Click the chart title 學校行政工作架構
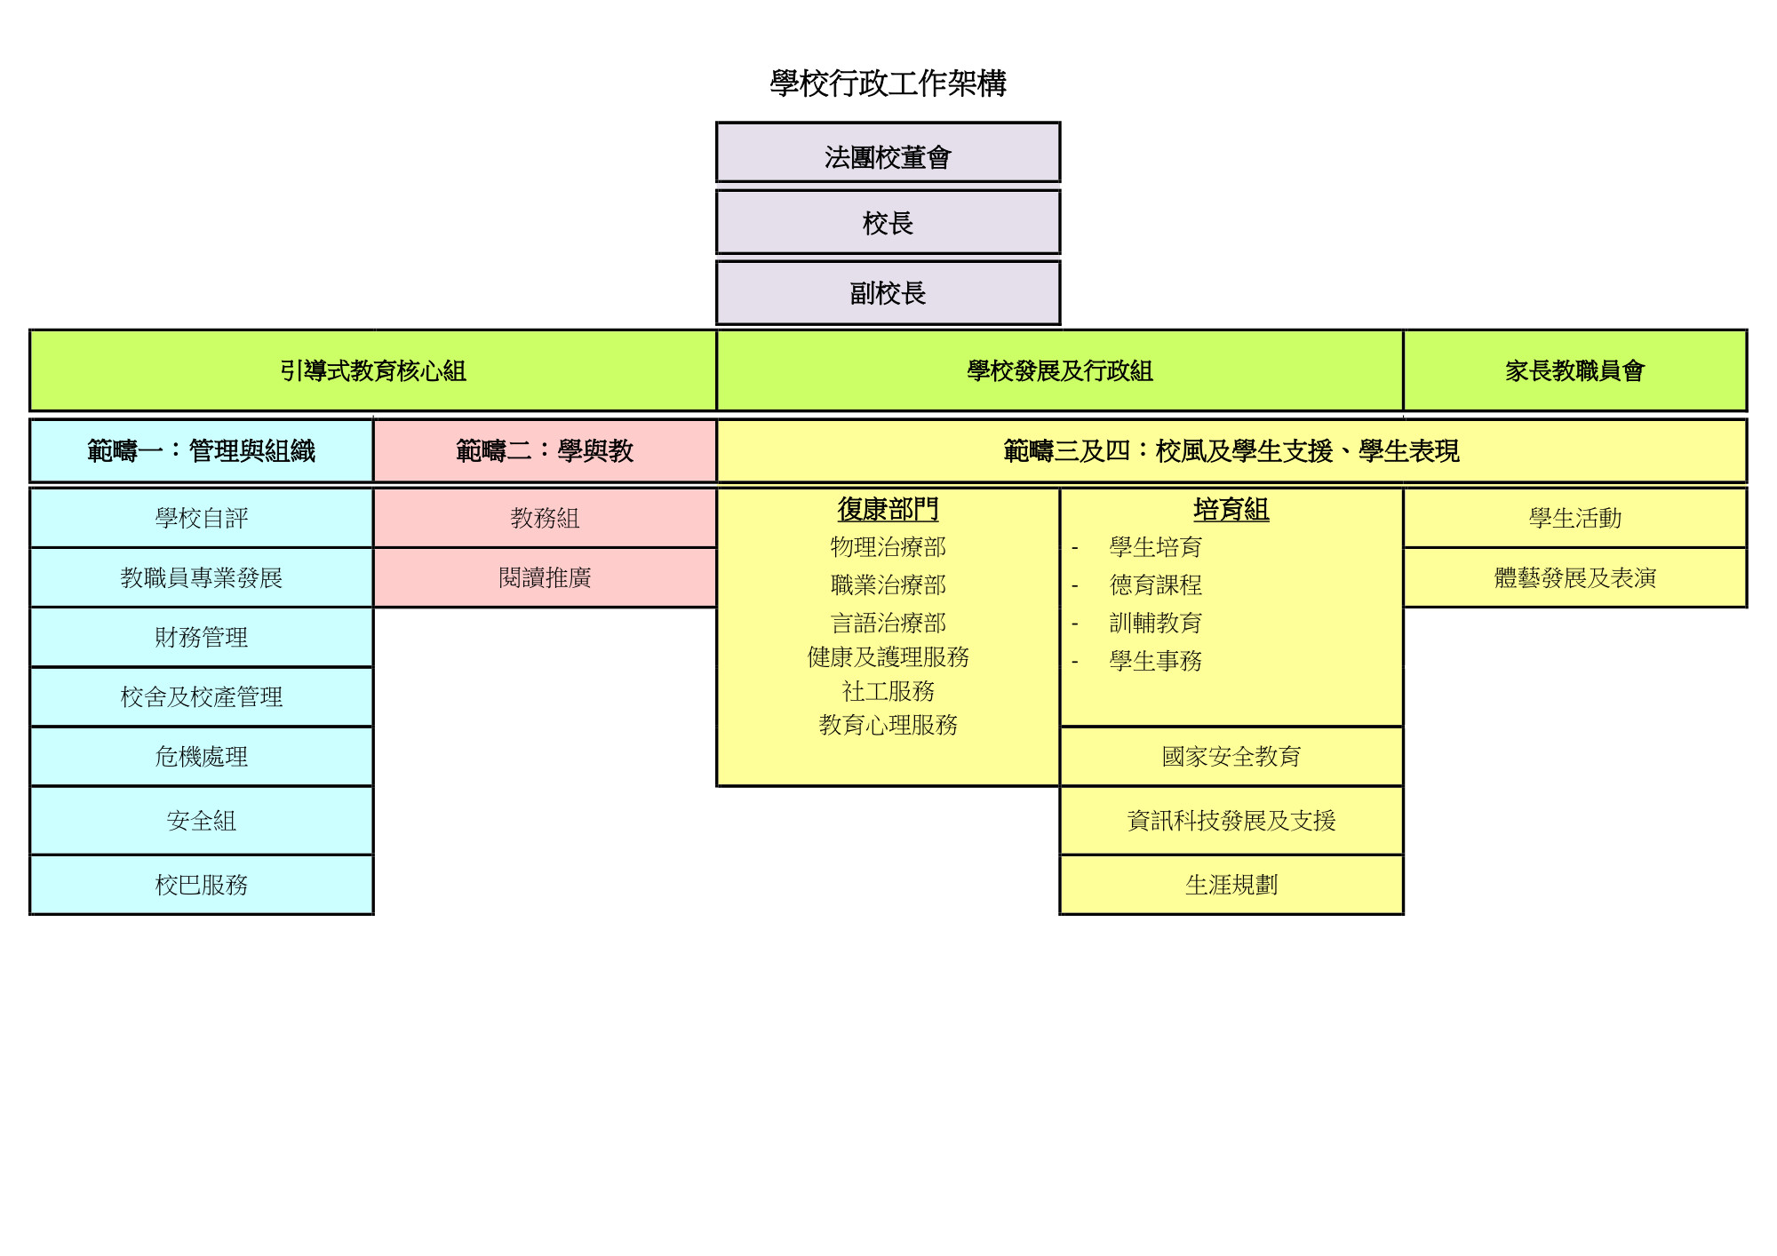[x=888, y=83]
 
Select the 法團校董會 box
[x=888, y=153]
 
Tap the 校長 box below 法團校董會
[x=888, y=222]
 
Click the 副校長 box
[x=888, y=292]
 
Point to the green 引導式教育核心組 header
[x=373, y=370]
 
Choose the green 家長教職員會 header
[x=1575, y=370]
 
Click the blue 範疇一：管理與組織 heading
[x=202, y=451]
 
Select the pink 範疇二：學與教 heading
[x=545, y=451]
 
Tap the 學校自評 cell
[x=202, y=518]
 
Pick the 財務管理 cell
[x=202, y=637]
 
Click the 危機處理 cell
[x=202, y=756]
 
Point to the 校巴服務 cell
[x=202, y=885]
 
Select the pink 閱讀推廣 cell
[x=545, y=577]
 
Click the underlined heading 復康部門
[x=888, y=509]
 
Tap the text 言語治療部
[x=888, y=623]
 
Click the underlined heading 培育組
[x=1231, y=509]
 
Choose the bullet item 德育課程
[x=1155, y=584]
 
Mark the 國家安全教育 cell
[x=1231, y=756]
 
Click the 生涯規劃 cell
[x=1231, y=885]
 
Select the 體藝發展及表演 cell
[x=1575, y=577]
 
